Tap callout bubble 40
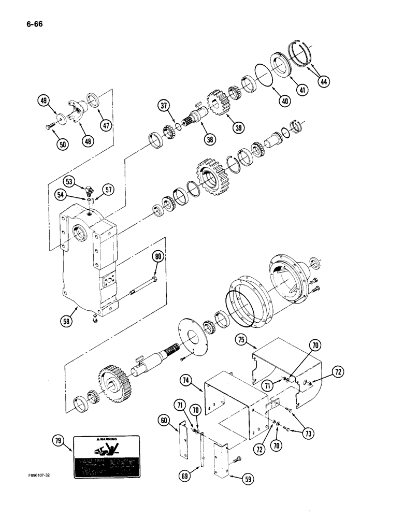pos(283,101)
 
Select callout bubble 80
pos(158,257)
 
